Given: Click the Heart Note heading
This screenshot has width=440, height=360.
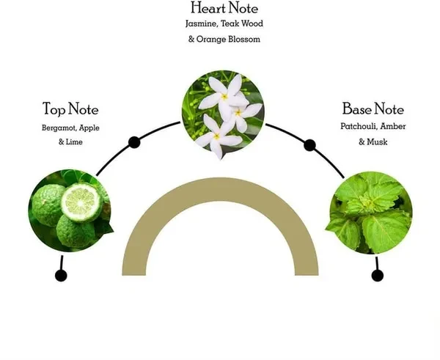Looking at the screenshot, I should [x=224, y=8].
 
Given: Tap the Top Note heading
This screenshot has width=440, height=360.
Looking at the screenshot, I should [x=70, y=110].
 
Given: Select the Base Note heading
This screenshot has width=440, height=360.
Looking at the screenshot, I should [x=373, y=109].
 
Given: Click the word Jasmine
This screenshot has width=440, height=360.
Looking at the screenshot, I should [x=201, y=23].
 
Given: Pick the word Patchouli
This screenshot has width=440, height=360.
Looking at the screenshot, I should [x=356, y=126].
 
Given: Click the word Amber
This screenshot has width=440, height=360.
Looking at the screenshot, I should [x=393, y=126].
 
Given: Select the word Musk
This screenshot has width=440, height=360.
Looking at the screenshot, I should [x=378, y=141].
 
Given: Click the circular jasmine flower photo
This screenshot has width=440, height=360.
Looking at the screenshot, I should [x=223, y=114].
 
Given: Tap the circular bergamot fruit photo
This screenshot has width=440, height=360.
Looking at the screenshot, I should [x=70, y=209].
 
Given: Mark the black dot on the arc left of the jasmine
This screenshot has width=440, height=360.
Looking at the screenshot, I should [x=134, y=142].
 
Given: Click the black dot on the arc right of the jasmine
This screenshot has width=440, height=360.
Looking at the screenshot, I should [x=309, y=144].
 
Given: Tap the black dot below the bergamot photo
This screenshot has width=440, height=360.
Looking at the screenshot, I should [x=61, y=276].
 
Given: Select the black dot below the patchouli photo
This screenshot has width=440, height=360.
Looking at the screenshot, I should [x=378, y=276].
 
